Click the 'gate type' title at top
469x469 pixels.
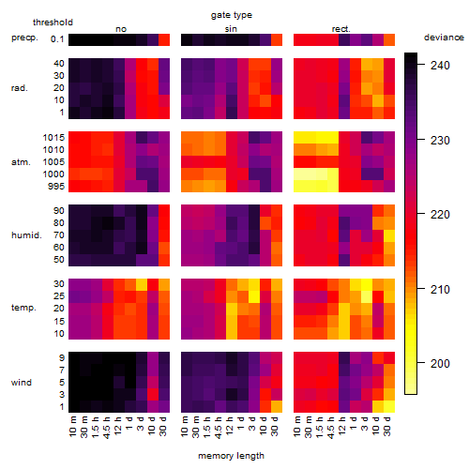[232, 15]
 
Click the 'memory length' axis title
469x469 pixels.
[231, 456]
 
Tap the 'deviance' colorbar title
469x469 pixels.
[444, 38]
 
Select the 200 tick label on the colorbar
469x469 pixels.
[440, 363]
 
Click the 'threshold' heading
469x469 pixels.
[53, 23]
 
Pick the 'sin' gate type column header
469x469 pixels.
[231, 29]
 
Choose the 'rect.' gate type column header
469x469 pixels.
[340, 29]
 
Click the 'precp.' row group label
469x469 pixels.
[24, 38]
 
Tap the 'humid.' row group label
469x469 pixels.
[26, 235]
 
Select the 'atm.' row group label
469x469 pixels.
[21, 162]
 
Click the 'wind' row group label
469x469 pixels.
[22, 383]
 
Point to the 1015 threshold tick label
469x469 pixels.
[53, 138]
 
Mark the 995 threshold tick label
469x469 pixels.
[56, 187]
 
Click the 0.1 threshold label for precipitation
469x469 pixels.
[57, 39]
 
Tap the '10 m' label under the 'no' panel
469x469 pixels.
[72, 427]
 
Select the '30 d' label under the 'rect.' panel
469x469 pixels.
[387, 427]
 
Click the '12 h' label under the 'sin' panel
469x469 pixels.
[230, 426]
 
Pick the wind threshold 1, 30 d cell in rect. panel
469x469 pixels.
[389, 406]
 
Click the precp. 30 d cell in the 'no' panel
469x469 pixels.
[164, 40]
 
